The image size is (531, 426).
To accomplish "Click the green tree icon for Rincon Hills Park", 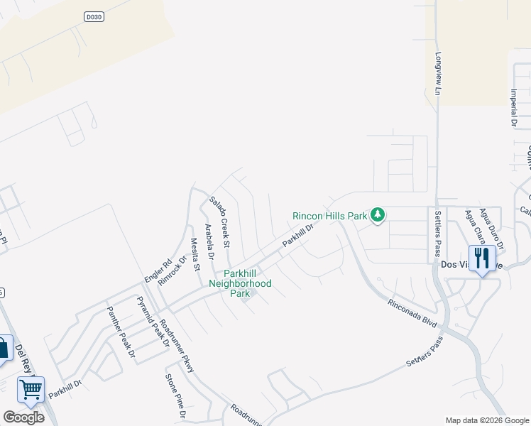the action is pos(378,214).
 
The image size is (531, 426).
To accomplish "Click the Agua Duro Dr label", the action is pos(491,229).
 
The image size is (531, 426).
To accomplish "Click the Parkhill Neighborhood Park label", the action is pos(240,283).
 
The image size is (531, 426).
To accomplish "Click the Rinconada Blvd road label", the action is pos(410,312).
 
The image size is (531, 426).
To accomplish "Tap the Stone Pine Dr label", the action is pos(175,396).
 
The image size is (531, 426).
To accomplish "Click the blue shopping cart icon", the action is pos(31,389).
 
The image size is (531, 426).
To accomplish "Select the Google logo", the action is pos(23,417).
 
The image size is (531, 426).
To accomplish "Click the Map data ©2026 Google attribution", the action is pos(487,420).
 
